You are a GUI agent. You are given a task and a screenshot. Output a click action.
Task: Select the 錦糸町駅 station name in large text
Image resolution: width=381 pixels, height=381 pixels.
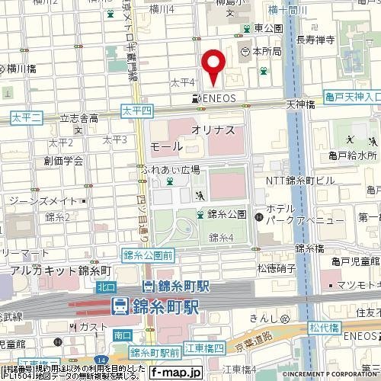pos(163,307)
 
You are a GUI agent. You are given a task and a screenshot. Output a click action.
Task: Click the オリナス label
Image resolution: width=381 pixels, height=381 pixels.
pos(213,130)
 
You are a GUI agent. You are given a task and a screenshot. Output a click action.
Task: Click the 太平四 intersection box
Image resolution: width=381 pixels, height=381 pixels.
pos(137,111)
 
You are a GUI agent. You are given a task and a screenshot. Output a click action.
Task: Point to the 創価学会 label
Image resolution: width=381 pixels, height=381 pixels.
pos(63,160)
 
